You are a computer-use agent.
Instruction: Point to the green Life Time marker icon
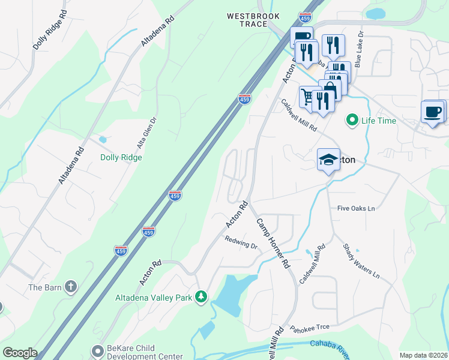pos(352,121)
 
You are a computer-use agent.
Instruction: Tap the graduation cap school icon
pos(328,160)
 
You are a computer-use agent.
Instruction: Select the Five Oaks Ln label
pos(356,209)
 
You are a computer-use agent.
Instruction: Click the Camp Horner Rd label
pos(274,242)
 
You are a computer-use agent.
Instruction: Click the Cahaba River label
pos(330,346)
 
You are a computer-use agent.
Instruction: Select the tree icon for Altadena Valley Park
pos(202,297)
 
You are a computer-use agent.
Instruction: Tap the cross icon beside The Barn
pos(71,287)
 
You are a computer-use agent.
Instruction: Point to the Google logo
pos(20,353)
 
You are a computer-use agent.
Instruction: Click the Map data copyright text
pos(423,355)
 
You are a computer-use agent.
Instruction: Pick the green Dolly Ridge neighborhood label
pos(121,157)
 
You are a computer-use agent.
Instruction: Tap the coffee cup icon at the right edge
pos(433,111)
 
